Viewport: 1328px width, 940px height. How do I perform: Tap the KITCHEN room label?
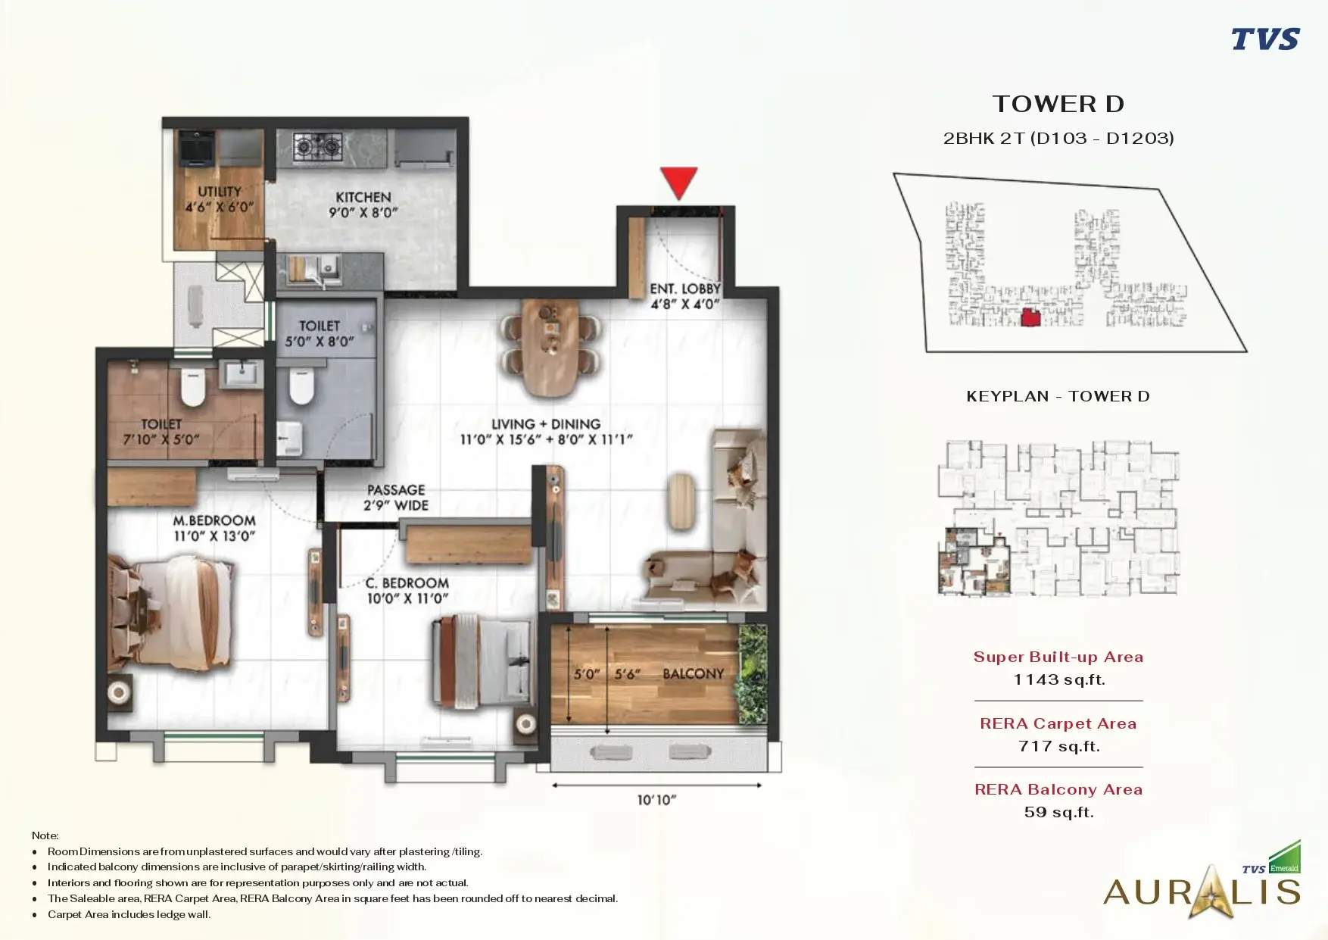(x=363, y=197)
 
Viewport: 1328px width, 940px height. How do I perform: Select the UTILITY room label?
(x=220, y=192)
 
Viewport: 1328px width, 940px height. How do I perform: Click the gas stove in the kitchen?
(x=318, y=145)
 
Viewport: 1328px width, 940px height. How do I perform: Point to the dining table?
(x=551, y=347)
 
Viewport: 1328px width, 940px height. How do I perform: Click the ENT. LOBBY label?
(x=685, y=289)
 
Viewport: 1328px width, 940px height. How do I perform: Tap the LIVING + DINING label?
(x=546, y=424)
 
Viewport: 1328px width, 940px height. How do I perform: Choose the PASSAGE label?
(x=396, y=490)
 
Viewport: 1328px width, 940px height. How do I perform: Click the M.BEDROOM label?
(x=214, y=520)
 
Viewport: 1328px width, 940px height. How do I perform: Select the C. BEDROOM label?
(x=407, y=583)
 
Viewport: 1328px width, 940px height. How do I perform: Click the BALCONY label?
(x=694, y=673)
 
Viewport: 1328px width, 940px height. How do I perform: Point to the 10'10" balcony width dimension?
(x=656, y=800)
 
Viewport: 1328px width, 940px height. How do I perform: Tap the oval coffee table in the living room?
(x=681, y=501)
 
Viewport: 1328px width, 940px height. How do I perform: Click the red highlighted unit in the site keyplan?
(x=1030, y=318)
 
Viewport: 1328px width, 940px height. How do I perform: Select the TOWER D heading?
(x=1058, y=104)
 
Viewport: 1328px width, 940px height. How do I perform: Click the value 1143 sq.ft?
(x=1059, y=679)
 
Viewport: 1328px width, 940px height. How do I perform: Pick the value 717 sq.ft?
(x=1059, y=746)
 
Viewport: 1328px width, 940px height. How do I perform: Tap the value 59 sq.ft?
(x=1059, y=812)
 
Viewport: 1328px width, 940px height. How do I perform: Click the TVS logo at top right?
(x=1265, y=39)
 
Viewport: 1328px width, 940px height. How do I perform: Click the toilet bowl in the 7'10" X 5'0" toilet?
(x=194, y=387)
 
